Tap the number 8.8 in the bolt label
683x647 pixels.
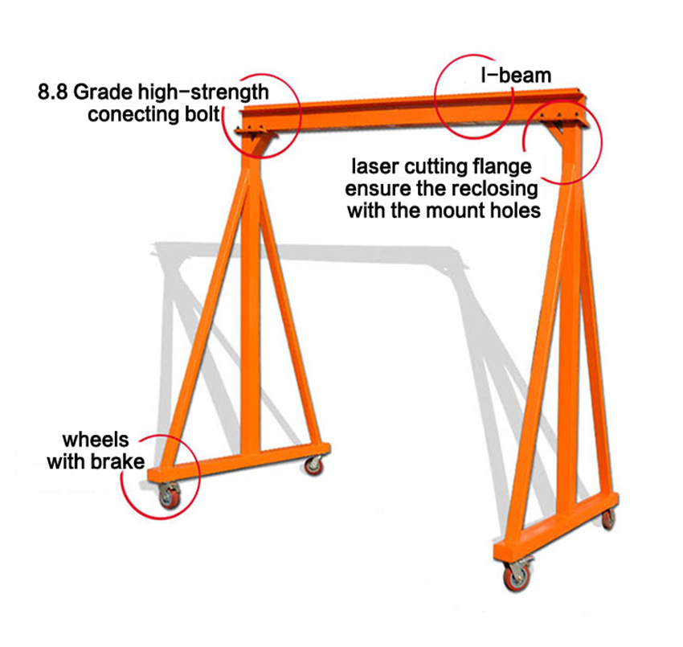53,91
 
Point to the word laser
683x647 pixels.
376,167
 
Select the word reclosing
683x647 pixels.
495,190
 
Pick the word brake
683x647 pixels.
120,462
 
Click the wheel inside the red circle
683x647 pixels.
170,498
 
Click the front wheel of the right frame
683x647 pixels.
512,576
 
